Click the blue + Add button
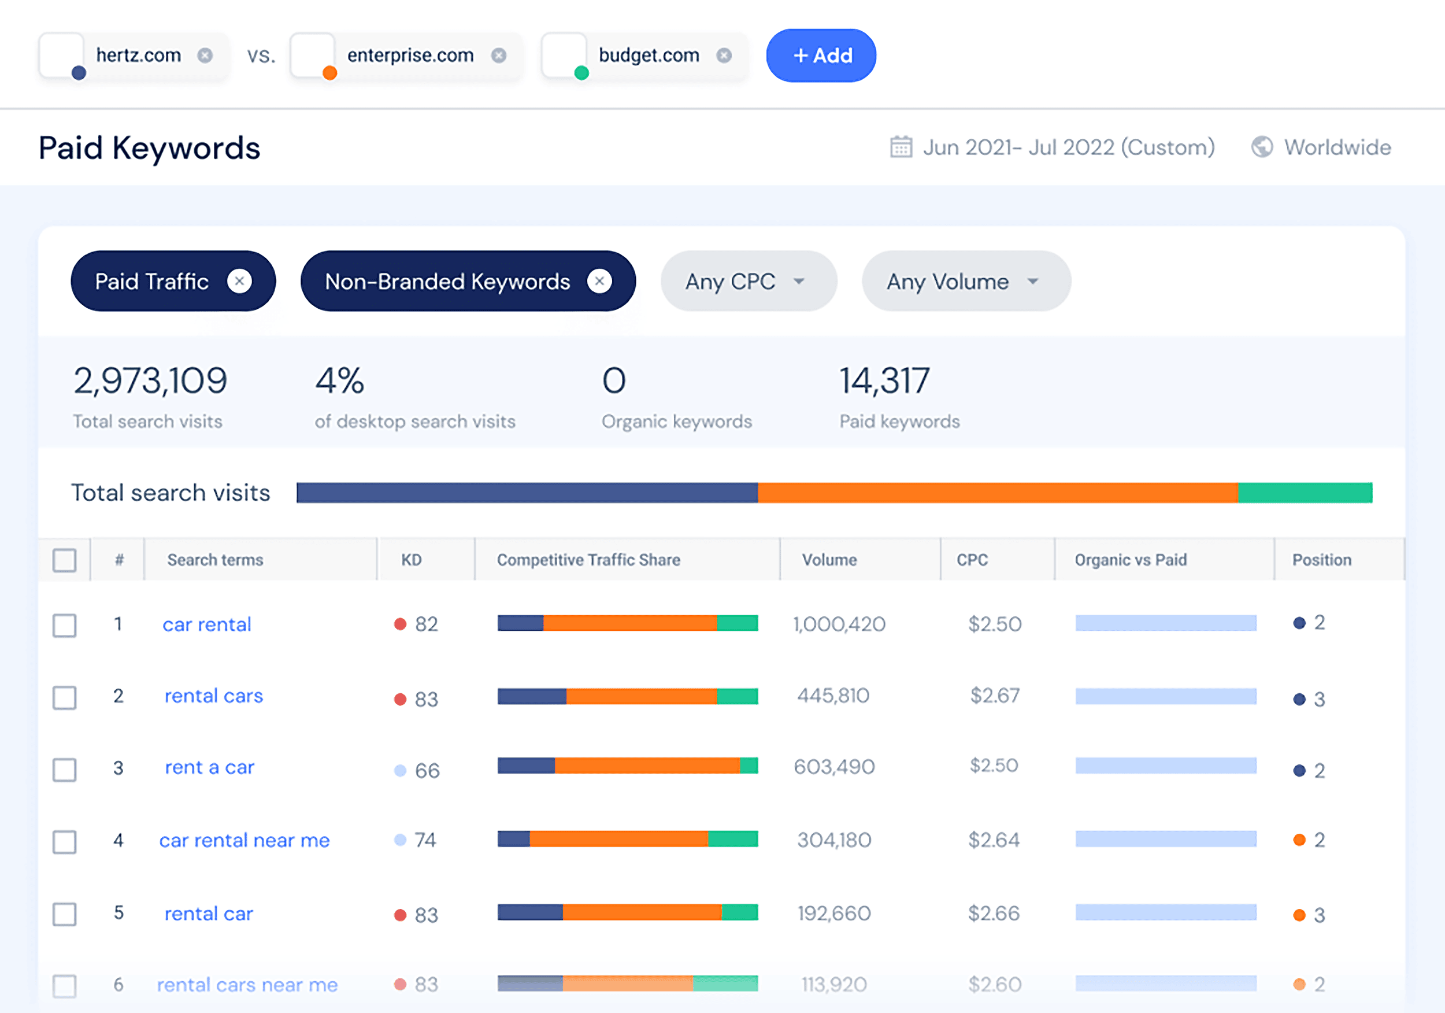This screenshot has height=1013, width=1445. (x=821, y=56)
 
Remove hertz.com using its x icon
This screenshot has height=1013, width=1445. (x=205, y=56)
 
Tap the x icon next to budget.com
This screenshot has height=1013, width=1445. (x=724, y=56)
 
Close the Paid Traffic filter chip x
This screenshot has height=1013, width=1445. (x=239, y=281)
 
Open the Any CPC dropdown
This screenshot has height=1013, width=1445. (x=748, y=281)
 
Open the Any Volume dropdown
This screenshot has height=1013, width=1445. (x=965, y=281)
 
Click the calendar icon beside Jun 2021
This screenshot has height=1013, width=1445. (x=901, y=147)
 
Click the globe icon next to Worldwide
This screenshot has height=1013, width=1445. (x=1261, y=147)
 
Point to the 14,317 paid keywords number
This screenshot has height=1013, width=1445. (x=884, y=381)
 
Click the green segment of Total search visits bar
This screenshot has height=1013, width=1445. (x=1305, y=493)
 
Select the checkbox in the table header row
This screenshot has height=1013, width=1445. (x=64, y=560)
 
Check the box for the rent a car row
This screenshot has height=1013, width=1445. (x=64, y=769)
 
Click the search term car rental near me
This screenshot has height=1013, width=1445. (x=244, y=840)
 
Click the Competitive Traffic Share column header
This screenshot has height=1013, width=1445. (x=588, y=560)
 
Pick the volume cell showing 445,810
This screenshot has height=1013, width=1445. (x=833, y=695)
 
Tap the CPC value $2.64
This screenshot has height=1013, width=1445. (x=993, y=840)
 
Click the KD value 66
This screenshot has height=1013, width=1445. (x=427, y=771)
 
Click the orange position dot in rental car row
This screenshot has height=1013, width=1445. (x=1299, y=915)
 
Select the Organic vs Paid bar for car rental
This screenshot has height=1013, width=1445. (x=1166, y=623)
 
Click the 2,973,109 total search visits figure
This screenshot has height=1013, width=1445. (x=150, y=381)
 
